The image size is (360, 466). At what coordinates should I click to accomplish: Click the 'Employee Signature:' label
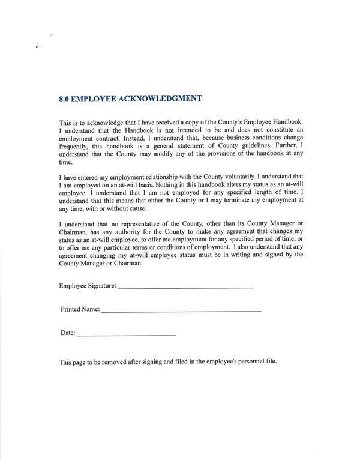click(88, 286)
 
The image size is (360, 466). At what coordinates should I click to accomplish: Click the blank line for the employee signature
click(185, 288)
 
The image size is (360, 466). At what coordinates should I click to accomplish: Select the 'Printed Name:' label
click(80, 309)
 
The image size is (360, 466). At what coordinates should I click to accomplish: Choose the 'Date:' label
click(67, 333)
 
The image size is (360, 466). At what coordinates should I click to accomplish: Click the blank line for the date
click(126, 334)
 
